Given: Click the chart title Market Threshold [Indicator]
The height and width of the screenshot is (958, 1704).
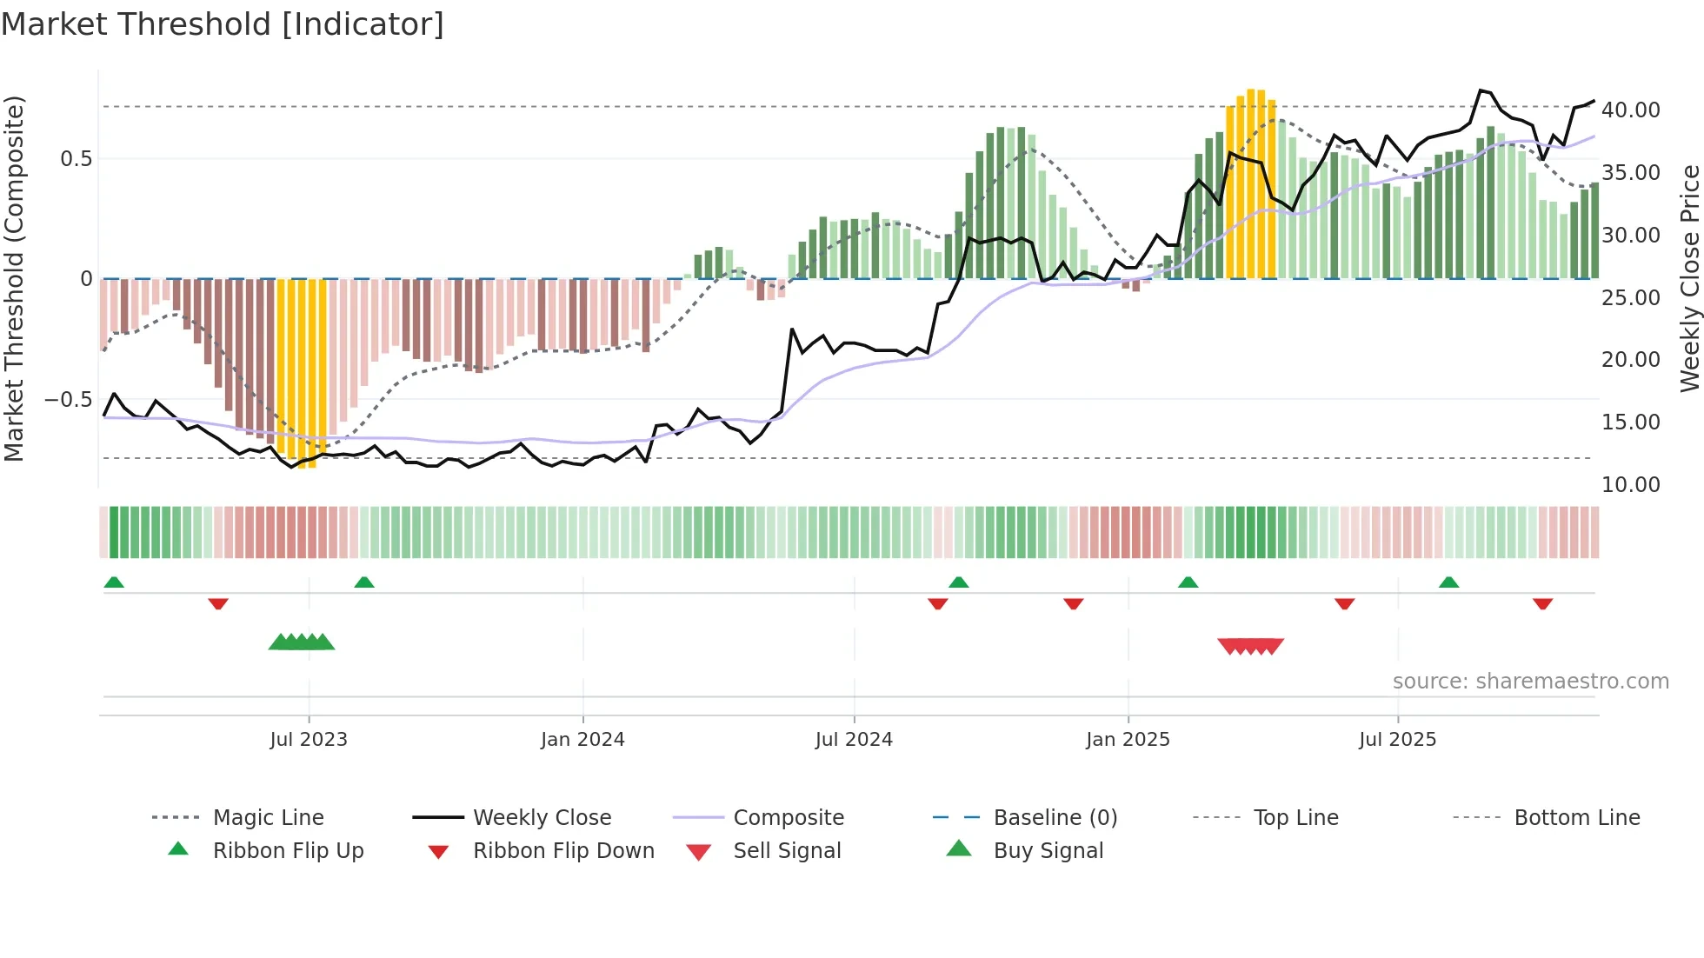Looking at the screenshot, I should [x=223, y=24].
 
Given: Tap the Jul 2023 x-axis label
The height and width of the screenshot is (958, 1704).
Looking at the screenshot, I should [x=309, y=740].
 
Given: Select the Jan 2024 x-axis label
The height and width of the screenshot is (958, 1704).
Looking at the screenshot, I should [x=582, y=740].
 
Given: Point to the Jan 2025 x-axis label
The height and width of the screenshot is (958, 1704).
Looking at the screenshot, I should [x=1128, y=740].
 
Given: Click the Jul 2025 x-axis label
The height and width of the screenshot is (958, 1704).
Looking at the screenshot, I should [x=1397, y=740].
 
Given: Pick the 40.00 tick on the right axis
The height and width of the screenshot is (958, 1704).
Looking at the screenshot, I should [x=1630, y=110].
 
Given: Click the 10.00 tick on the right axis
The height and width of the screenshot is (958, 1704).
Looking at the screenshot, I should [x=1630, y=485].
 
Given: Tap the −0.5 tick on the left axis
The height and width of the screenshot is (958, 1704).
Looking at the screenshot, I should [x=69, y=400].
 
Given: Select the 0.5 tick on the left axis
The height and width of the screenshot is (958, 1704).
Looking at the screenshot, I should [x=76, y=159].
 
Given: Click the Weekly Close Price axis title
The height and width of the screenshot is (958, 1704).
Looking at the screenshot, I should [x=1689, y=278].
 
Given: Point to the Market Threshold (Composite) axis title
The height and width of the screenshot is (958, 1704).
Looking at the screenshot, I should [x=14, y=278].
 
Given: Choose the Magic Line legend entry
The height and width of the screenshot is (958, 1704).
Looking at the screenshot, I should [x=268, y=818].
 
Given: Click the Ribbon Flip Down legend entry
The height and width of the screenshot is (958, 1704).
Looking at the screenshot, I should [x=563, y=851].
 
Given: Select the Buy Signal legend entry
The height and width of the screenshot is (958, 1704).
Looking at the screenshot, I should [x=1048, y=851].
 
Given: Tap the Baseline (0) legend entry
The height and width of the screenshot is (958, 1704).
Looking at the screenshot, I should [x=1055, y=818].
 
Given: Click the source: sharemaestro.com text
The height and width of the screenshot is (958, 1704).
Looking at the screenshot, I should [x=1530, y=682].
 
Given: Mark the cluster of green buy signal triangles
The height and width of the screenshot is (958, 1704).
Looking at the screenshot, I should [x=302, y=642].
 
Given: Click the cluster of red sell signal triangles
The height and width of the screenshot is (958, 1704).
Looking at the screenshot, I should [x=1250, y=646].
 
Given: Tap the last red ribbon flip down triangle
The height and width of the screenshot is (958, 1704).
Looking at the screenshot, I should [x=1542, y=604].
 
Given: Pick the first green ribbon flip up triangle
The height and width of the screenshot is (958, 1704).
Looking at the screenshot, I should [x=114, y=582].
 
